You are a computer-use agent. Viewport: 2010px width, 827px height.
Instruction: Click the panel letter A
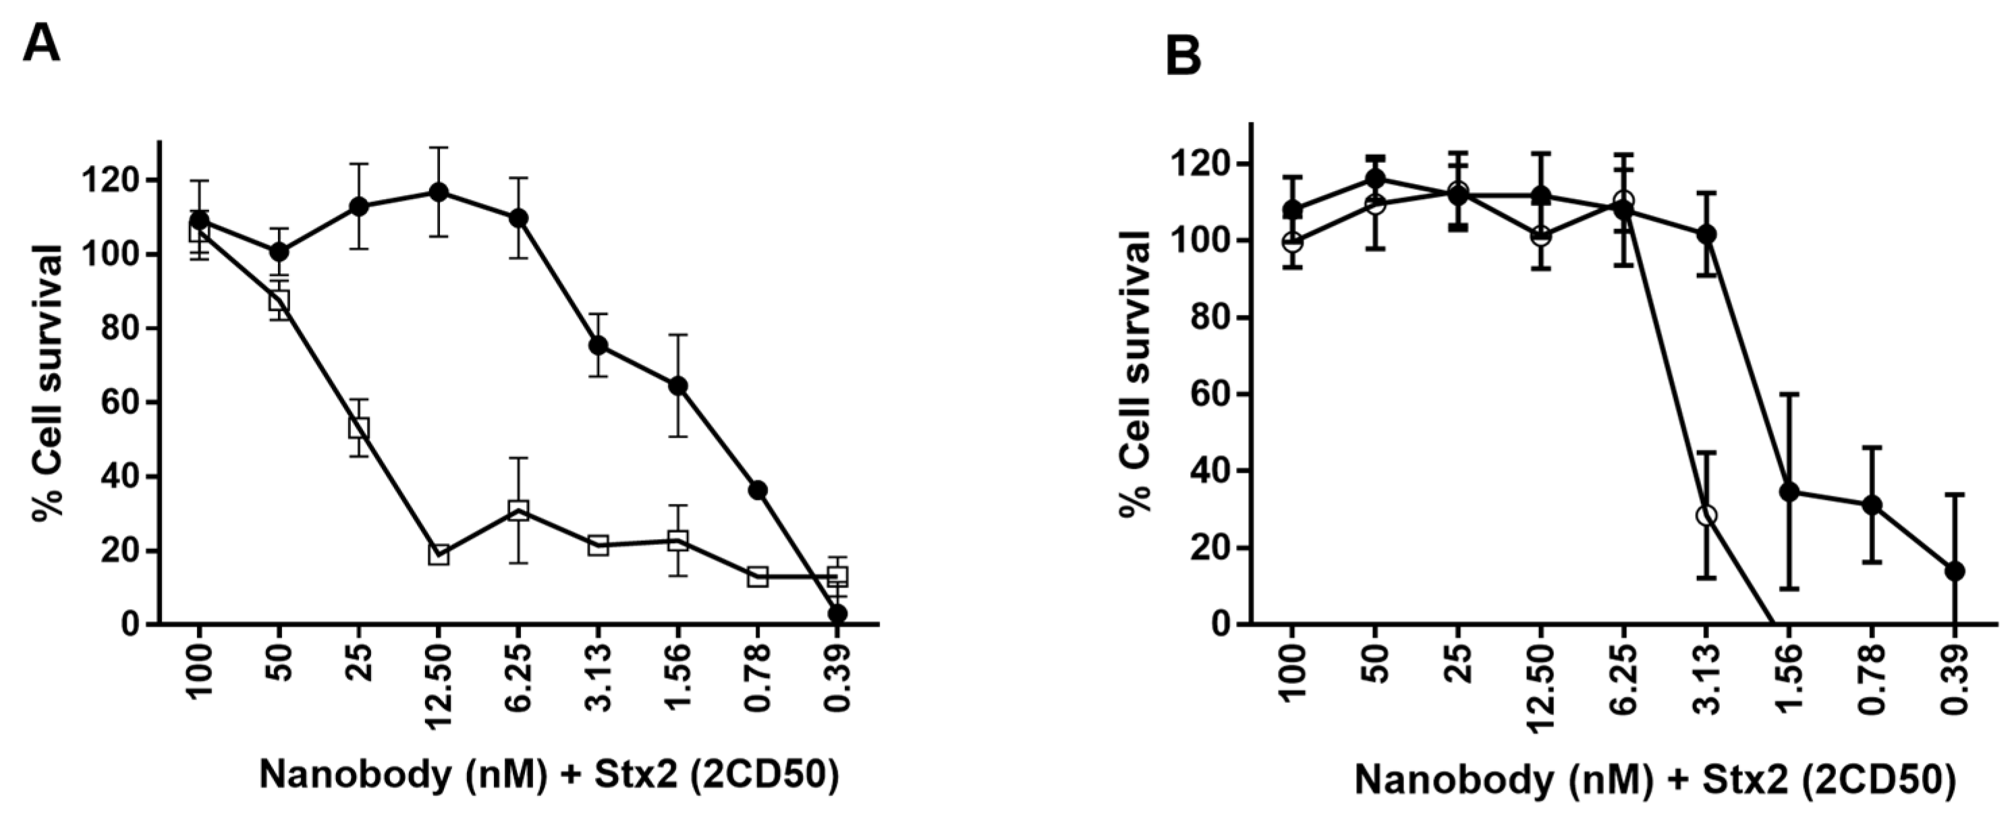pyautogui.click(x=40, y=43)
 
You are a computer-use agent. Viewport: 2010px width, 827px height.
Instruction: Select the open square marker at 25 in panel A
pyautogui.click(x=359, y=428)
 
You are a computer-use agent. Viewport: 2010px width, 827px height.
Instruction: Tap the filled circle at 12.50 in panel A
pyautogui.click(x=439, y=192)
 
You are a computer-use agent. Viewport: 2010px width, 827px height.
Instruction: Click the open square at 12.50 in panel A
pyautogui.click(x=439, y=554)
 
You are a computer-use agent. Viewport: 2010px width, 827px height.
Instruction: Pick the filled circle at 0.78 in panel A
pyautogui.click(x=758, y=490)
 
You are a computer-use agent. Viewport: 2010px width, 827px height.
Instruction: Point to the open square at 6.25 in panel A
pyautogui.click(x=519, y=511)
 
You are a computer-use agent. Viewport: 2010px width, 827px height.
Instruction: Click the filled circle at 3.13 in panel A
pyautogui.click(x=598, y=345)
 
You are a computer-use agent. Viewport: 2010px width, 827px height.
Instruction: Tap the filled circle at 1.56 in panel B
pyautogui.click(x=1789, y=492)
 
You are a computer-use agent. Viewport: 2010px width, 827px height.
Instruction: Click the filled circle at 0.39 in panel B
pyautogui.click(x=1955, y=571)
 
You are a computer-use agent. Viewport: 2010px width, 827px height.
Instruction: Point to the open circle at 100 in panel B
pyautogui.click(x=1293, y=242)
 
